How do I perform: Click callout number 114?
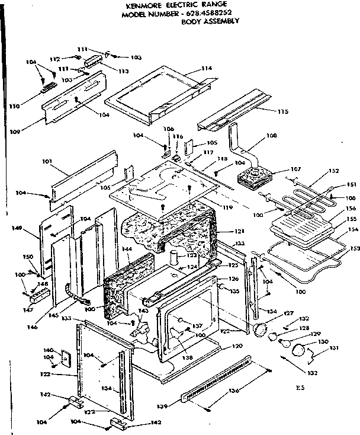point(205,69)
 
